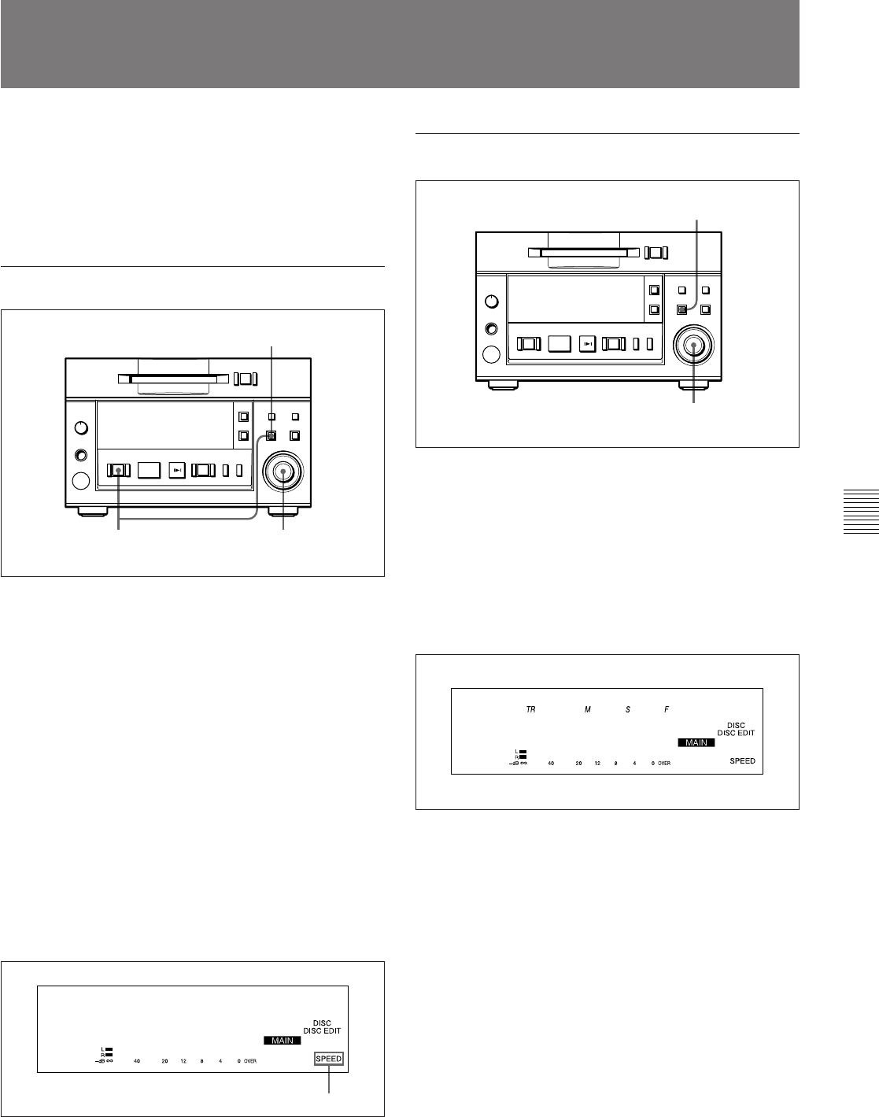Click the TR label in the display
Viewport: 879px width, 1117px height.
(x=531, y=709)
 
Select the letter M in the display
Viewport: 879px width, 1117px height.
(x=586, y=709)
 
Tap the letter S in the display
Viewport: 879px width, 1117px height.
(x=627, y=709)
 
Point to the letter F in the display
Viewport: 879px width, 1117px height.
(x=667, y=709)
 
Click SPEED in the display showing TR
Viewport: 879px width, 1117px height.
(x=742, y=761)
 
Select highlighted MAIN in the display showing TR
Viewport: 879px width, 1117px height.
(x=696, y=742)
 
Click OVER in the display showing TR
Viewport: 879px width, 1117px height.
(x=664, y=764)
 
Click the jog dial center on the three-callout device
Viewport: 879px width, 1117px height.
(x=283, y=470)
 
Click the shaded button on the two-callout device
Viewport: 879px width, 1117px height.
(x=682, y=310)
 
